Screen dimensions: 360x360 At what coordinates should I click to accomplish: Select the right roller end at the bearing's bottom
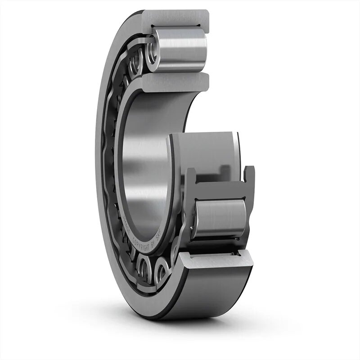click(162, 270)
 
